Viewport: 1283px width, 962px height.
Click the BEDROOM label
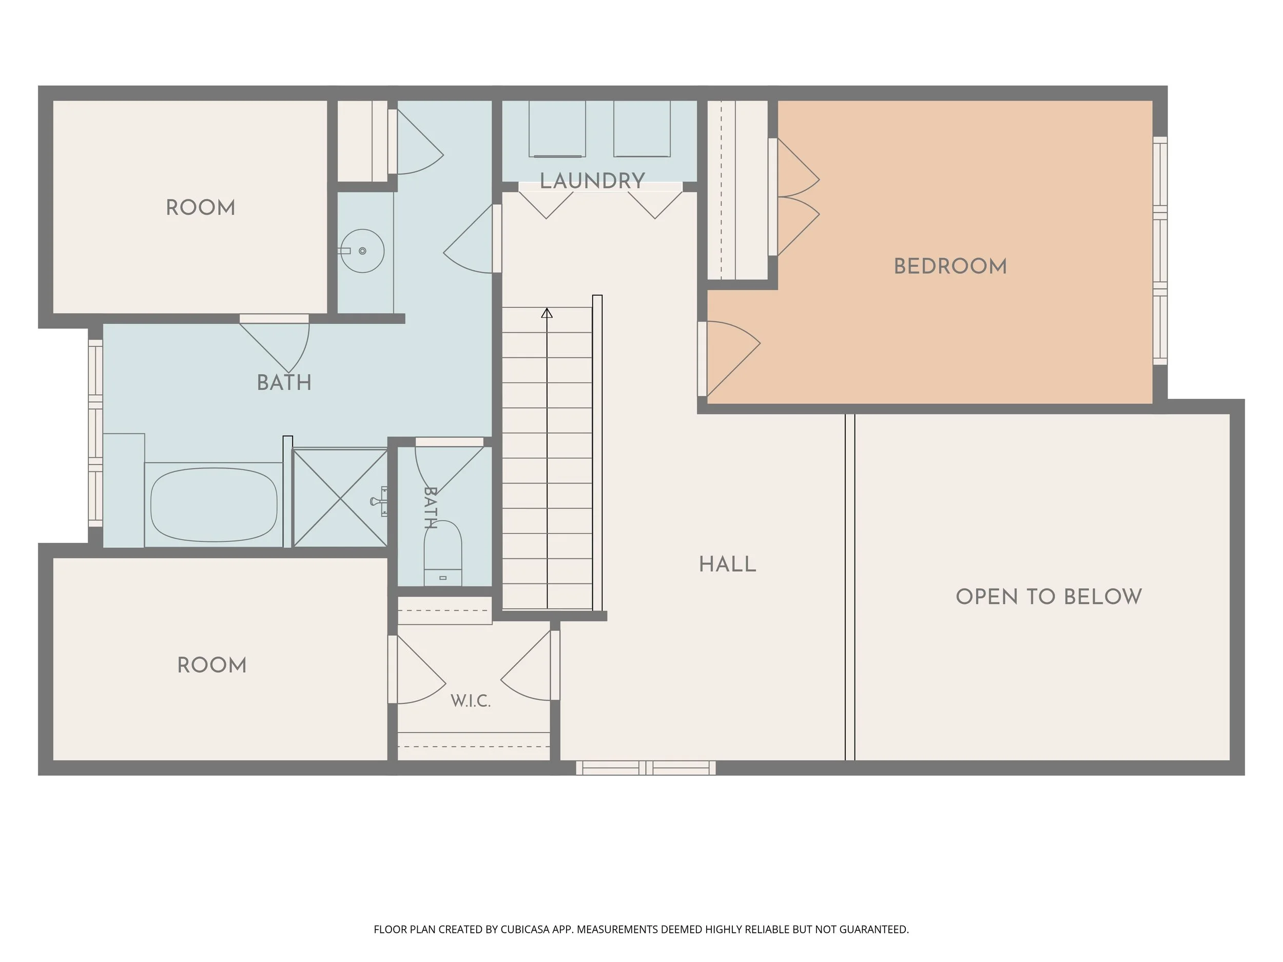tap(950, 267)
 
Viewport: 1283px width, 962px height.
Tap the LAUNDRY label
tap(592, 181)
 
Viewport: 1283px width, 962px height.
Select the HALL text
tap(727, 565)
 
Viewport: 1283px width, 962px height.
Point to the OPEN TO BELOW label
tap(1048, 597)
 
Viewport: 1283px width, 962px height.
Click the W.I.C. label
tap(471, 701)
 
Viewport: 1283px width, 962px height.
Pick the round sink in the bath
tap(362, 251)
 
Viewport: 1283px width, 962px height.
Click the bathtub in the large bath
tap(213, 504)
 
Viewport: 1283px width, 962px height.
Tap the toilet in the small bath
tap(443, 553)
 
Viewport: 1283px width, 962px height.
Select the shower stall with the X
tap(340, 498)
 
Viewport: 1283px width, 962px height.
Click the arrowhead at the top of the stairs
tap(547, 313)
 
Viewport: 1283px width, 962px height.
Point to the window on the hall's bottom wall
tap(646, 768)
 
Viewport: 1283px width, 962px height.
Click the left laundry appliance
tap(557, 129)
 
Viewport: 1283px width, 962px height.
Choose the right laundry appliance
tap(642, 129)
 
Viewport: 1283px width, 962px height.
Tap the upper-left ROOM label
tap(201, 208)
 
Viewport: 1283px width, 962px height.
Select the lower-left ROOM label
tap(212, 665)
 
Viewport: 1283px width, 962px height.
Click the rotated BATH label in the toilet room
tap(430, 508)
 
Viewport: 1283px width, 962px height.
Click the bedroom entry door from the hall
tap(730, 358)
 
